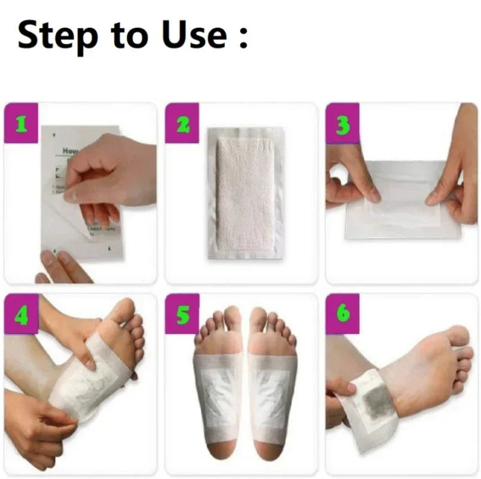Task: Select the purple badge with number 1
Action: pyautogui.click(x=21, y=123)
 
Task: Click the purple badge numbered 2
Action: pyautogui.click(x=182, y=123)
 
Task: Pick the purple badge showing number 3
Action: pyautogui.click(x=342, y=123)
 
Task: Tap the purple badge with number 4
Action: pyautogui.click(x=21, y=313)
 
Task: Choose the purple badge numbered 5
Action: pyautogui.click(x=182, y=313)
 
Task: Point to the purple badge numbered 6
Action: pyautogui.click(x=342, y=313)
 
